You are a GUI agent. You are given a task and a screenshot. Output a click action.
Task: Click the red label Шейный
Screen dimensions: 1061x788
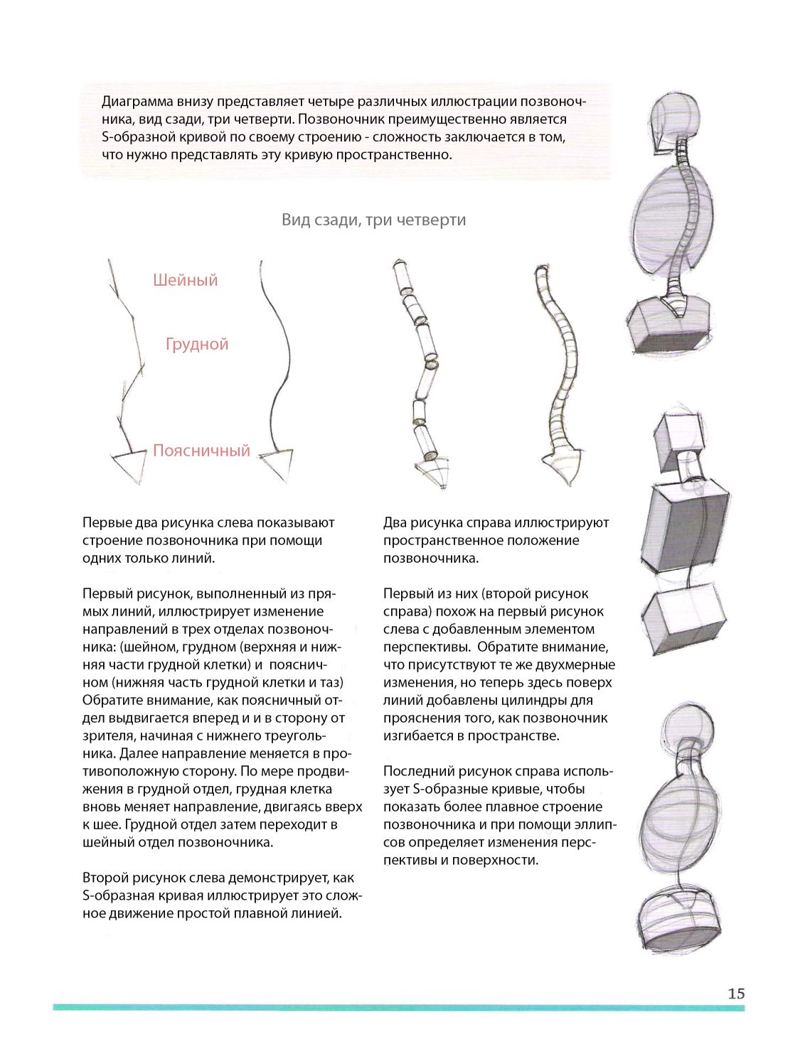pyautogui.click(x=185, y=280)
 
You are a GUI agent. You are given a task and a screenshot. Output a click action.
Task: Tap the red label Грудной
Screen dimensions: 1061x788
pyautogui.click(x=197, y=344)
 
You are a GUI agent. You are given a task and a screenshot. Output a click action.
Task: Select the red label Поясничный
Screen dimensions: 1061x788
pyautogui.click(x=201, y=451)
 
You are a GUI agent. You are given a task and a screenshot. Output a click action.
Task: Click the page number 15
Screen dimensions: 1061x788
pyautogui.click(x=736, y=993)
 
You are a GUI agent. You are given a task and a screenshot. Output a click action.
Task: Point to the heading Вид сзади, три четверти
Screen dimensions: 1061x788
pyautogui.click(x=373, y=220)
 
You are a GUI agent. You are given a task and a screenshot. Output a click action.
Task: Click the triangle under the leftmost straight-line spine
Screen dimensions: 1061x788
pyautogui.click(x=129, y=465)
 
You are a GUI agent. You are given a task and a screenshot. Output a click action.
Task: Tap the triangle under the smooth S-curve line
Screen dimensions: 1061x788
pyautogui.click(x=277, y=463)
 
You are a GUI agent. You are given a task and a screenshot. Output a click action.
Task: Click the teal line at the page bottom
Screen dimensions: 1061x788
pyautogui.click(x=398, y=1007)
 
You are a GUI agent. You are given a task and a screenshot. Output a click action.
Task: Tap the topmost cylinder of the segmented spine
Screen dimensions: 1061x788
pyautogui.click(x=402, y=276)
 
